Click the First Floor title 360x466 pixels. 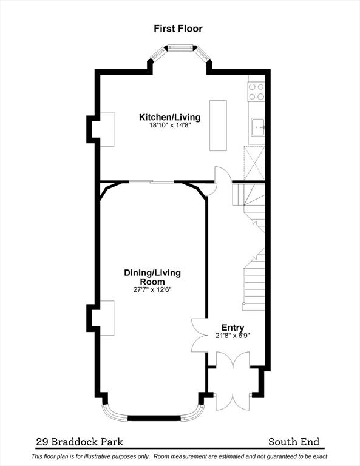coord(178,29)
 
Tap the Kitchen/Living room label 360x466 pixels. coord(170,117)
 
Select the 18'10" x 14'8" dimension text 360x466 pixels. coord(170,125)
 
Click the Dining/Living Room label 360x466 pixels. coord(152,277)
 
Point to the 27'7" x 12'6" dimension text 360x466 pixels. coord(152,289)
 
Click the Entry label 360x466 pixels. coord(233,328)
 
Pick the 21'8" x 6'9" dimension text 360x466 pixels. coord(233,336)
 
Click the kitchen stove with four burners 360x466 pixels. coord(256,92)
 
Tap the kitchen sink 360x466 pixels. coord(258,127)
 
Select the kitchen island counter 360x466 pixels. coord(218,126)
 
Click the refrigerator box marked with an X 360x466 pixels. coord(254,163)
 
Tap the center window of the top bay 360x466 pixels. coord(180,47)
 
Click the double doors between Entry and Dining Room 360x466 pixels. coord(200,335)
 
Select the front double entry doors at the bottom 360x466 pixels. coord(233,381)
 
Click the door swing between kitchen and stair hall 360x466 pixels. coord(223,174)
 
